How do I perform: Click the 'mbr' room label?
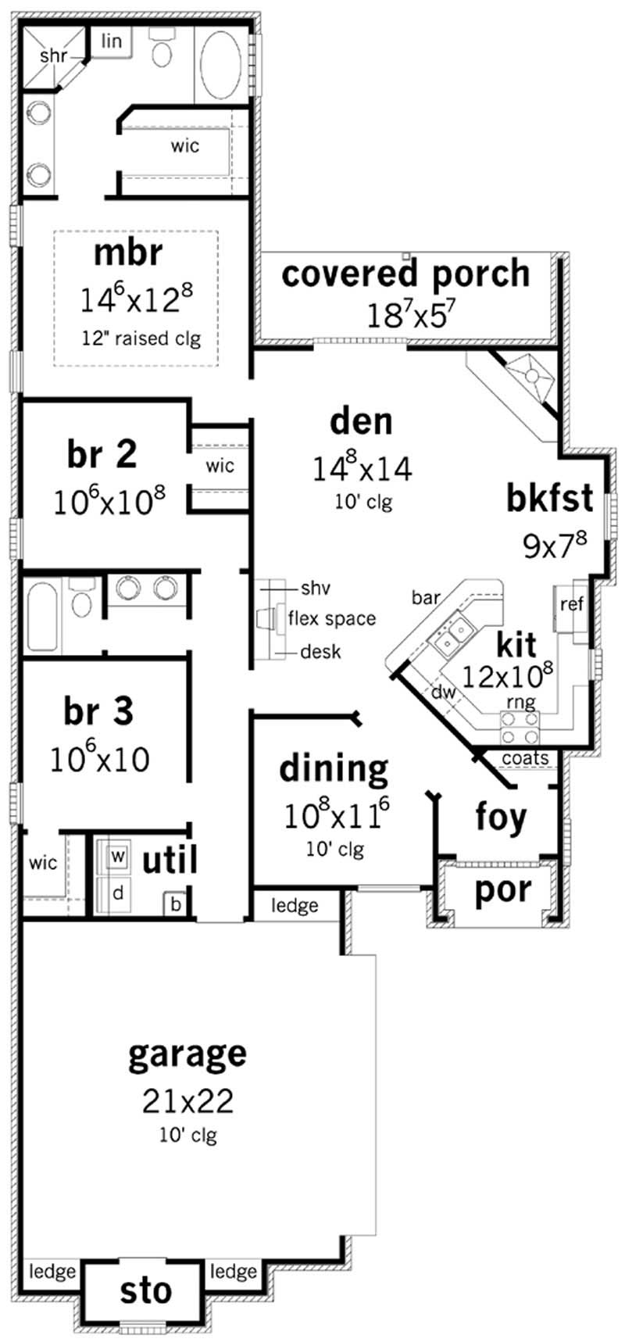[128, 253]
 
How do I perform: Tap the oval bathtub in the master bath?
[223, 66]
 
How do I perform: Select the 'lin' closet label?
[112, 41]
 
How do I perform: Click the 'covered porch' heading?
[405, 274]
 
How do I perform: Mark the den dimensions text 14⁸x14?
[362, 469]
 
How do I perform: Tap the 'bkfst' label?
[549, 498]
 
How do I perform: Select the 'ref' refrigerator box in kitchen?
[571, 604]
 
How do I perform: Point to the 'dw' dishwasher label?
[443, 692]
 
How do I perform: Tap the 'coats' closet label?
[525, 757]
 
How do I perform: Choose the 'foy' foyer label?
[501, 817]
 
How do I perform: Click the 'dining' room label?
[334, 768]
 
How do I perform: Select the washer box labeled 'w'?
[117, 856]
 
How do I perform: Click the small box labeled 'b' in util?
[176, 904]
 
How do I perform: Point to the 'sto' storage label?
[146, 1291]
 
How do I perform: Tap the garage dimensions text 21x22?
[187, 1100]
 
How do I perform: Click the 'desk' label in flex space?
[320, 651]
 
